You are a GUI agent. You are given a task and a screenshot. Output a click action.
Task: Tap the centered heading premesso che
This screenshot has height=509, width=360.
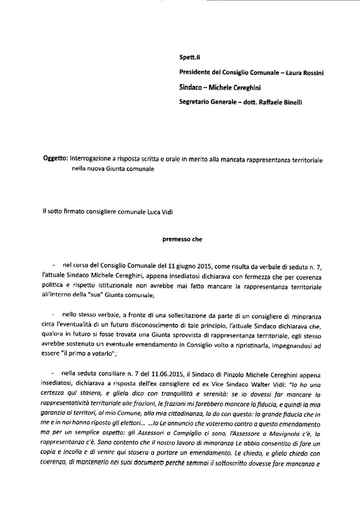[182, 239]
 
